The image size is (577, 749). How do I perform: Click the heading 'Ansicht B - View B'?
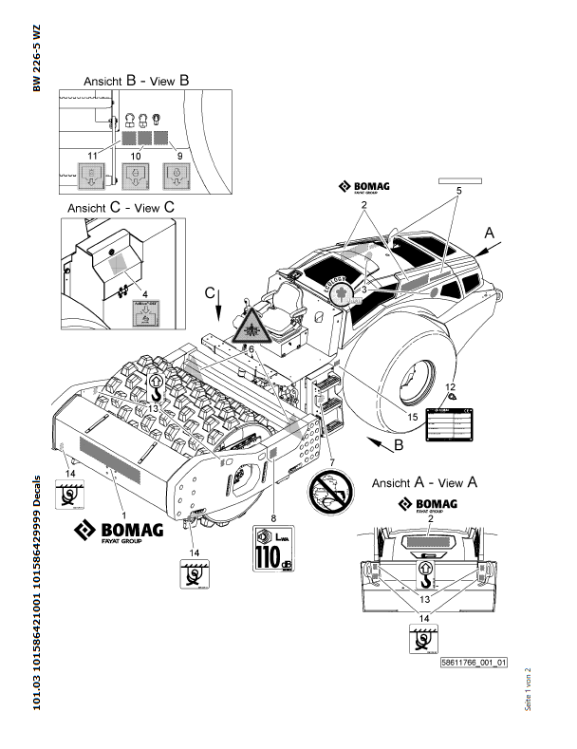point(136,82)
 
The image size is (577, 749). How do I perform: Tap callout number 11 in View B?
point(92,154)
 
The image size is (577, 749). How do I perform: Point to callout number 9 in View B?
point(179,154)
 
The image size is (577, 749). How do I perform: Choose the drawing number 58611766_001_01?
point(475,663)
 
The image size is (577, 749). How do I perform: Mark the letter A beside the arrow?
point(490,231)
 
